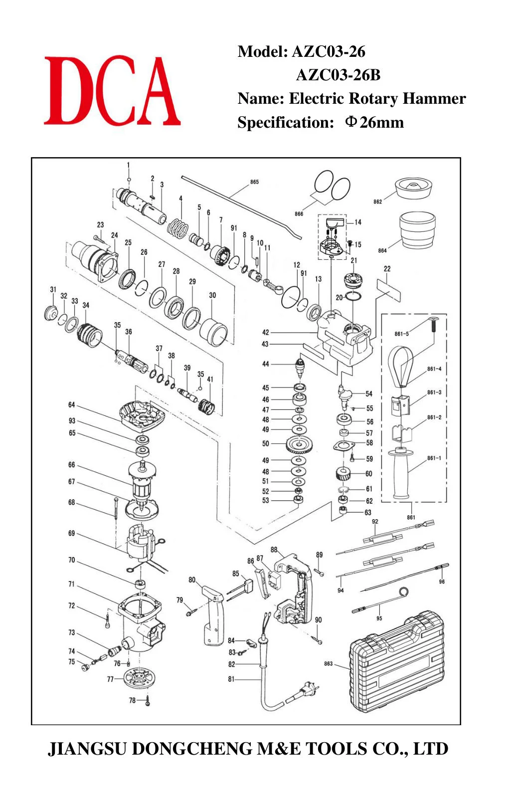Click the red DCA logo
pos(112,90)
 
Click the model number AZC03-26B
pos(338,75)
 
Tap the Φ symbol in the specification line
pos(350,122)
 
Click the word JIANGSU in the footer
pos(87,749)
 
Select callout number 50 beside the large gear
pos(266,443)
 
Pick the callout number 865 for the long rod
pos(254,182)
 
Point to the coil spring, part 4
pos(178,228)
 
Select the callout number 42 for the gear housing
pos(266,332)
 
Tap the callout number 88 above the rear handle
pos(274,550)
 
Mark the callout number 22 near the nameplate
pos(387,269)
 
